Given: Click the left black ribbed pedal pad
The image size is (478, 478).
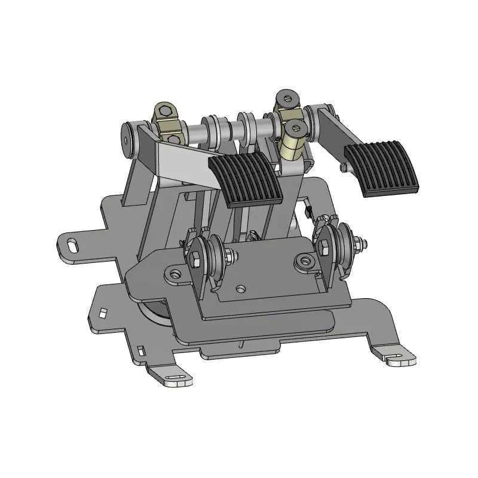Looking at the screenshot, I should (x=245, y=177).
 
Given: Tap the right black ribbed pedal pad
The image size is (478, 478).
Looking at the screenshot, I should (x=380, y=168).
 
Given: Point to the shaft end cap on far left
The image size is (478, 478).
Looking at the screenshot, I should (x=129, y=136).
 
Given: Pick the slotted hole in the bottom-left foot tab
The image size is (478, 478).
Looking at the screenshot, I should (x=176, y=377).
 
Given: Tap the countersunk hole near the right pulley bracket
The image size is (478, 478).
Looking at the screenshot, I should (x=306, y=260).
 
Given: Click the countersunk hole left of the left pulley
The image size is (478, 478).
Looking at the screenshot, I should (x=174, y=273).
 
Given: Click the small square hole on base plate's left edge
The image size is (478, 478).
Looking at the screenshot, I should (x=103, y=312).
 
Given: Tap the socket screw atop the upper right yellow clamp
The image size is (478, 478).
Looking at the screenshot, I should (x=286, y=96).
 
